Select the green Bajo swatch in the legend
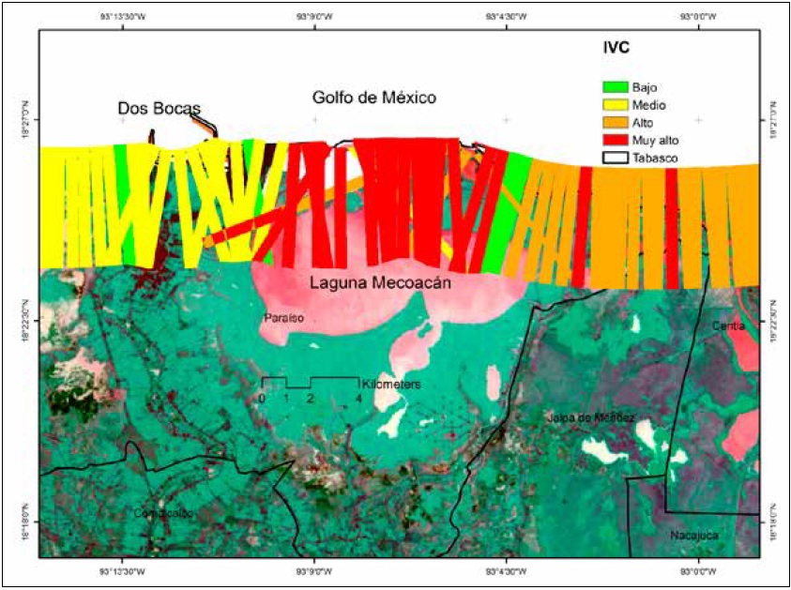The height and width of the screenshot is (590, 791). (615, 87)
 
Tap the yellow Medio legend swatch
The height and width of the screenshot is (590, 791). (615, 105)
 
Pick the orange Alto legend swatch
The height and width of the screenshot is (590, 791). (615, 122)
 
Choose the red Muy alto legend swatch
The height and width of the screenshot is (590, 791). (615, 140)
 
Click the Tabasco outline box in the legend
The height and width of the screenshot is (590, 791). (615, 158)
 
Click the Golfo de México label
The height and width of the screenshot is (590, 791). (374, 98)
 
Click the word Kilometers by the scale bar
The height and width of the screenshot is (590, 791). (390, 385)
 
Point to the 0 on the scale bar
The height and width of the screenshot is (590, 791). (263, 399)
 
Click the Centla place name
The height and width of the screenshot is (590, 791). (728, 325)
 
